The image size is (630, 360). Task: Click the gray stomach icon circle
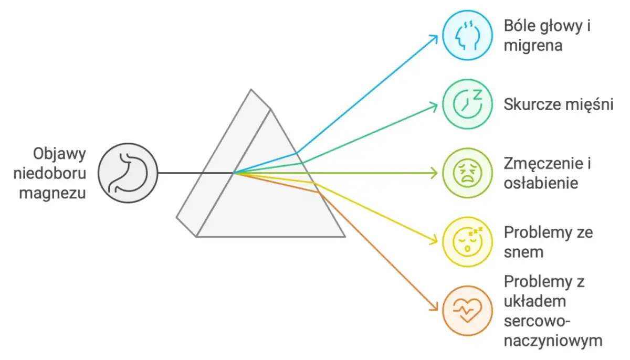pos(128,173)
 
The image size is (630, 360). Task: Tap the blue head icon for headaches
pos(467,35)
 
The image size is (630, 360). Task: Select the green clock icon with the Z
pos(467,104)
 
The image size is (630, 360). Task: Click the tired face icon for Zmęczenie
pos(467,173)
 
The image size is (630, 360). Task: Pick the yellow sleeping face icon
pos(467,242)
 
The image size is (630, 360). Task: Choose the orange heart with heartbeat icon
pos(467,311)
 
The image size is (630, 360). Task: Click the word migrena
pos(533,46)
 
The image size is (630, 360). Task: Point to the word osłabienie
pos(541,183)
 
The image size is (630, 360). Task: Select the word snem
pos(523,252)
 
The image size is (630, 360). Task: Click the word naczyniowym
pos(553,341)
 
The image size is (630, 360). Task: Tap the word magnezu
pos(52,193)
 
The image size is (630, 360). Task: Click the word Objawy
pos(59,154)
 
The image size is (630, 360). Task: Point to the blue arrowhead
pos(434,38)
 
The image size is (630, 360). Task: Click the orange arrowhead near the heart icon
pos(434,307)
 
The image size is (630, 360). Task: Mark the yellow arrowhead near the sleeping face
pos(434,241)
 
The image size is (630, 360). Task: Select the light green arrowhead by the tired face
pos(435,173)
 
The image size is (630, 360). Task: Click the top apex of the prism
pos(251,90)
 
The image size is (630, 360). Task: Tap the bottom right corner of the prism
pos(345,237)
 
